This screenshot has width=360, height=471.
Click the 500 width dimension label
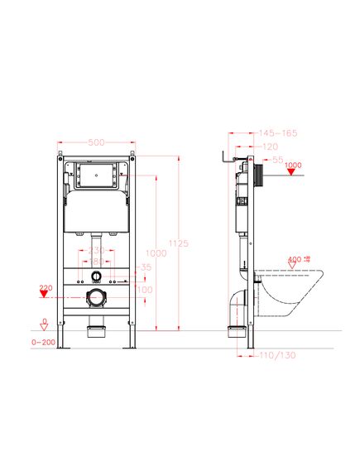pyautogui.click(x=97, y=142)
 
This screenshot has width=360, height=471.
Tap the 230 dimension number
pyautogui.click(x=98, y=249)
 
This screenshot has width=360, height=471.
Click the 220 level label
pyautogui.click(x=45, y=286)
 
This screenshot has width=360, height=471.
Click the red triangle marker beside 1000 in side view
pyautogui.click(x=291, y=172)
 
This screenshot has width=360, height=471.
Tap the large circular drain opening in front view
pyautogui.click(x=96, y=295)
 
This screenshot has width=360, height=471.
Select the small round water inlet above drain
pyautogui.click(x=97, y=276)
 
